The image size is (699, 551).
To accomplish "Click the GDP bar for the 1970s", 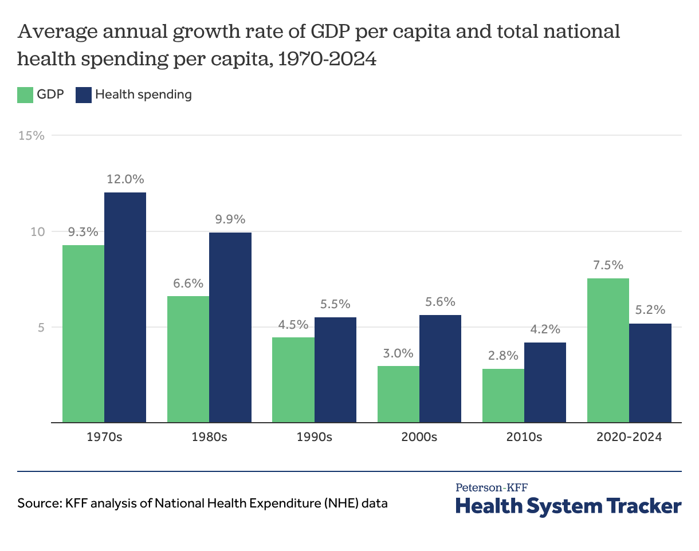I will click(84, 334).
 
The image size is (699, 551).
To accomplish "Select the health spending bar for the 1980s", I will click(230, 328).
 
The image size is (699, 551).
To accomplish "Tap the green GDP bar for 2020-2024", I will click(608, 351).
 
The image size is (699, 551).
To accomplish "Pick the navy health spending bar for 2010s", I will click(545, 383).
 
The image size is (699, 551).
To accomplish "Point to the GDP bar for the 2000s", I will click(398, 394).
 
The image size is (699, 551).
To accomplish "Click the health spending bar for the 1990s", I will click(335, 370).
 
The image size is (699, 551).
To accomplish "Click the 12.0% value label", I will click(125, 179).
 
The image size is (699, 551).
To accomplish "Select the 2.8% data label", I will click(503, 356).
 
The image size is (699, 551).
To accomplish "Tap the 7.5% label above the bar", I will click(608, 265).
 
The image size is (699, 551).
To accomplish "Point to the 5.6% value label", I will click(440, 302).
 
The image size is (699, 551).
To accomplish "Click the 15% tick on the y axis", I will click(31, 136).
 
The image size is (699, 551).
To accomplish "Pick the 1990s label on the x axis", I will click(314, 437).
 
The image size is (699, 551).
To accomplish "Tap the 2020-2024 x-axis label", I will click(629, 437).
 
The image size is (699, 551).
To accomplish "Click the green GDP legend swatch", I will click(25, 95).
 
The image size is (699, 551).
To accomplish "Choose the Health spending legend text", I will click(143, 95).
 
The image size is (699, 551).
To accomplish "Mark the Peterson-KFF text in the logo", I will click(492, 487).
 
